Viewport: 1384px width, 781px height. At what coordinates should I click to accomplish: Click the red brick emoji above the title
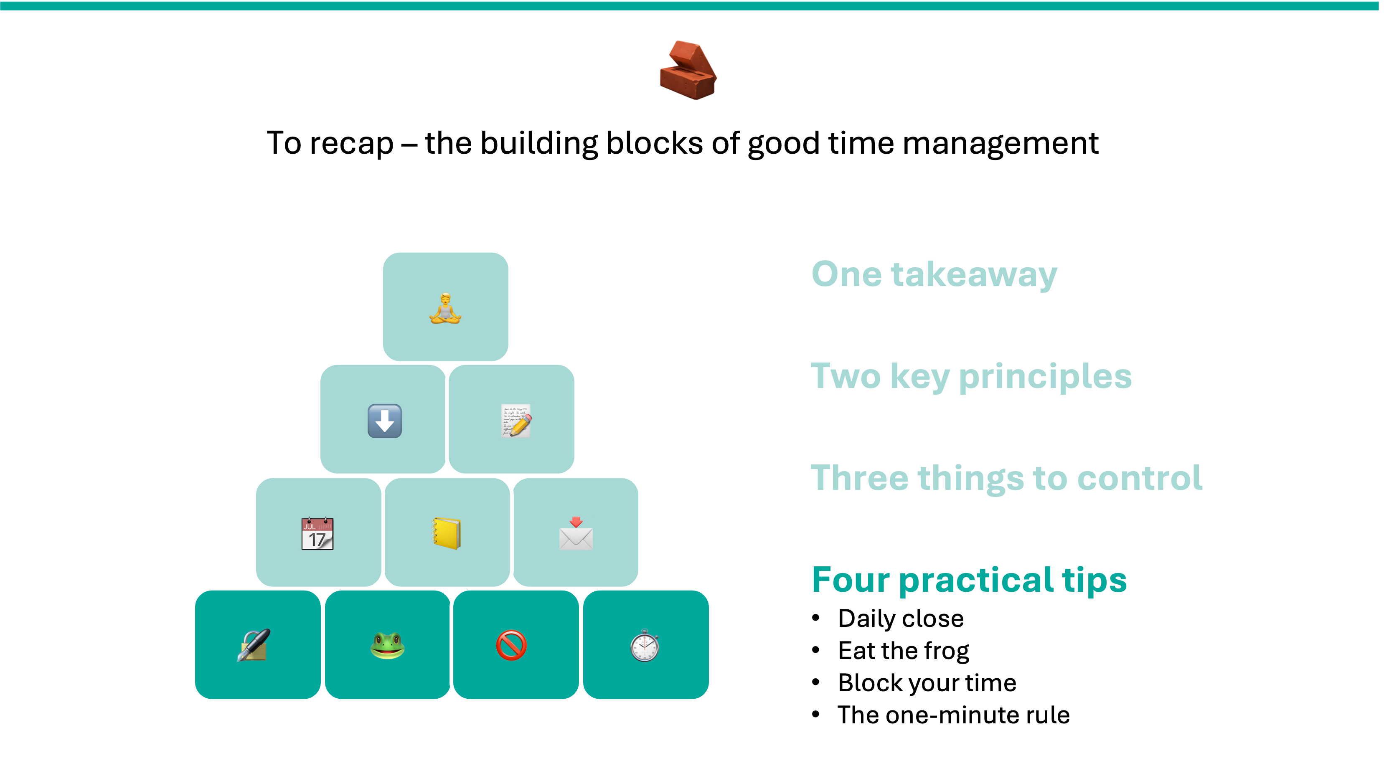click(x=688, y=70)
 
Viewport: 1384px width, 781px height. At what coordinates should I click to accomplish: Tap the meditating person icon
click(x=445, y=308)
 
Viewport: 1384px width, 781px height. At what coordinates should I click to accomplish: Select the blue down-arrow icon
click(x=385, y=421)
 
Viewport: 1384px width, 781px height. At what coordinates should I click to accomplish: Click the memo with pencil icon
click(x=516, y=421)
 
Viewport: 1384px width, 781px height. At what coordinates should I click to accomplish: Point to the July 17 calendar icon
click(x=317, y=533)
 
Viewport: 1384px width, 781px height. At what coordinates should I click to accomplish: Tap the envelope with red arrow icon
click(x=576, y=533)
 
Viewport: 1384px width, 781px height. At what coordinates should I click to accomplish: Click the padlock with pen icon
click(x=254, y=645)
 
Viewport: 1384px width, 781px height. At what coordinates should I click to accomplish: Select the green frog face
click(x=387, y=646)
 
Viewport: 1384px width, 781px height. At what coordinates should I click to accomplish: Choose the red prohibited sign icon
click(x=511, y=645)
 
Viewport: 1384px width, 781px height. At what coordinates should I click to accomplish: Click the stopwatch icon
click(x=645, y=645)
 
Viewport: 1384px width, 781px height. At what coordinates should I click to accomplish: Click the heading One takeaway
click(x=935, y=274)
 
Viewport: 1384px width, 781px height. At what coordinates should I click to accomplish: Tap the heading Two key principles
click(x=971, y=377)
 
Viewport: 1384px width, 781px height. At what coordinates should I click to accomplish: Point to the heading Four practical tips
click(x=969, y=580)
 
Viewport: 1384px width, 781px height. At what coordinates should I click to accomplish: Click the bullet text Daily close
click(x=901, y=618)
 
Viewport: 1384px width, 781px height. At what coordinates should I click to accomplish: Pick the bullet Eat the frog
click(x=904, y=651)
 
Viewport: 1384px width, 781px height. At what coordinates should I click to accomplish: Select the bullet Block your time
click(x=927, y=683)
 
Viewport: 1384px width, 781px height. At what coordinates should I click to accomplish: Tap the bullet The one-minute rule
click(x=954, y=715)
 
